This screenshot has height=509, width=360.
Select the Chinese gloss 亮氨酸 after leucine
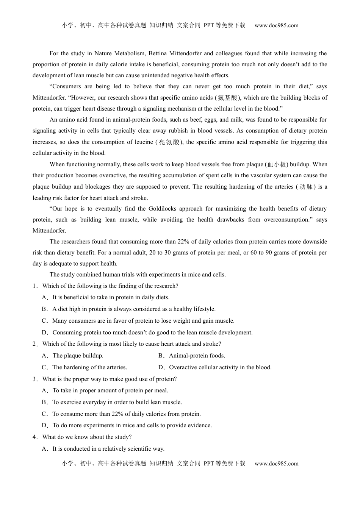[x=169, y=142]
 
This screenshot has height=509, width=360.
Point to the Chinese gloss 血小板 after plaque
[x=277, y=164]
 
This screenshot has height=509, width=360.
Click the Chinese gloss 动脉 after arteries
[x=305, y=187]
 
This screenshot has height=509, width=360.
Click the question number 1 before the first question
[x=34, y=286]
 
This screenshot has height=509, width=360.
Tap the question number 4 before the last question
[x=34, y=437]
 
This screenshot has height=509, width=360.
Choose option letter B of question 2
[x=161, y=356]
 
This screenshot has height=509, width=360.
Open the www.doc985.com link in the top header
[x=276, y=26]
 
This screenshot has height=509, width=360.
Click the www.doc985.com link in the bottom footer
[x=276, y=464]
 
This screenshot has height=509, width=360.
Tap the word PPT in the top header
[x=209, y=25]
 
